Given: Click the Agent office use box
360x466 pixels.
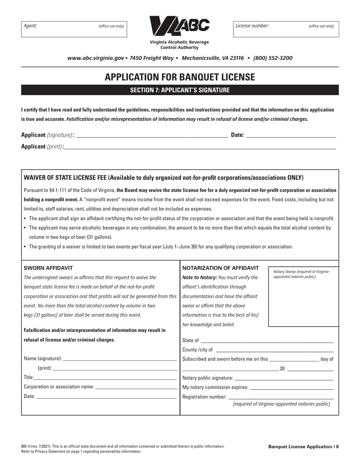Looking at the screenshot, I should coord(74,28).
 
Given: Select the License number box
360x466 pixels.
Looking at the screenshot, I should coord(286,28).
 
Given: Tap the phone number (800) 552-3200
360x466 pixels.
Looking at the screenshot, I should coord(272,58).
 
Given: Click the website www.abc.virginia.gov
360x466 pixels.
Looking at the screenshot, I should coord(95,58).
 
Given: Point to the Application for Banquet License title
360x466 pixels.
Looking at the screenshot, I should coord(180,77).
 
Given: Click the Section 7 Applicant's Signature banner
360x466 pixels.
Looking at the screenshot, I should coord(180,90).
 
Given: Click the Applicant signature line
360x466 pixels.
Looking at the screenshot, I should coord(152,134).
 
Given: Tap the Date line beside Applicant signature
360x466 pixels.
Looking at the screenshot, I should coord(291,134).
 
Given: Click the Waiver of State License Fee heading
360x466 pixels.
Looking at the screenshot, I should coord(163,178).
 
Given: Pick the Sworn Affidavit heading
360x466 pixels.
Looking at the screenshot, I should coord(48,268).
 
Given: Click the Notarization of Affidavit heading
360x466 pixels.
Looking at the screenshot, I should coord(221,268).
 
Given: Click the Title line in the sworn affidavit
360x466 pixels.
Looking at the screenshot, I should coord(105,377).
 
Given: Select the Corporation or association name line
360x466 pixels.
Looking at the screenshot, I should coord(136,387).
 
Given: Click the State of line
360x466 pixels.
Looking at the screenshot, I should coord(267,340).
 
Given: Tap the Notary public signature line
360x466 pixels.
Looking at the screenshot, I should coord(284,378).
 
